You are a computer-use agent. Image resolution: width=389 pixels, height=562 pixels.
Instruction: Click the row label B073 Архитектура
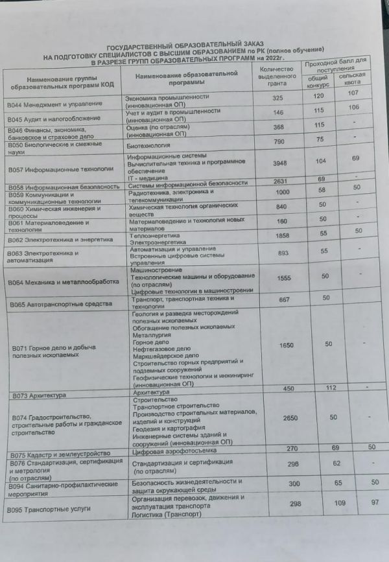click(40, 395)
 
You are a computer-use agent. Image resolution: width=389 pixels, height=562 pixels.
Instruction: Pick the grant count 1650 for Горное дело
click(286, 345)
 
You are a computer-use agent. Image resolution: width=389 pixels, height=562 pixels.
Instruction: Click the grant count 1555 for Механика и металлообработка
click(284, 277)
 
